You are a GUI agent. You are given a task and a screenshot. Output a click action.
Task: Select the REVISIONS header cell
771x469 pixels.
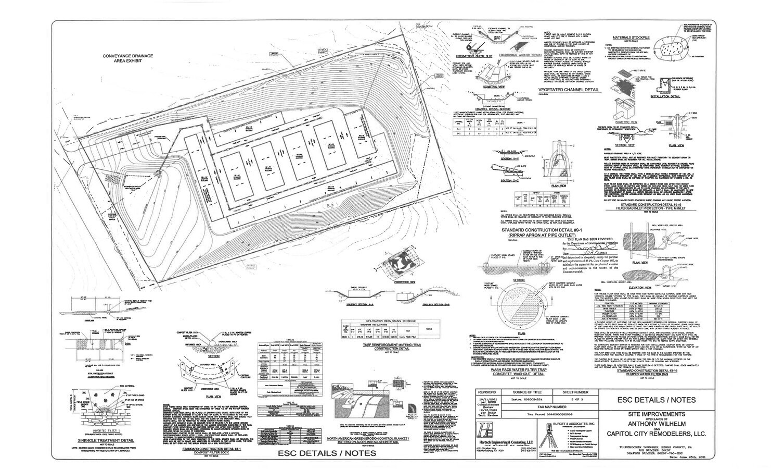[x=487, y=391]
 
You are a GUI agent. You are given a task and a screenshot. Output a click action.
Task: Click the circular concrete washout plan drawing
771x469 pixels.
[x=518, y=308]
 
